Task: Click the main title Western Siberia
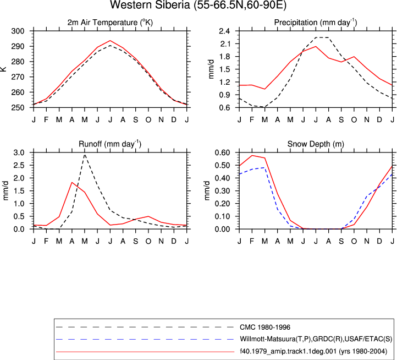pyautogui.click(x=198, y=5)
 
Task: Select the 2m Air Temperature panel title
pyautogui.click(x=110, y=23)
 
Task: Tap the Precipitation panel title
pyautogui.click(x=316, y=23)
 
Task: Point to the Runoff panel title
pyautogui.click(x=110, y=144)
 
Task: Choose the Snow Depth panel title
pyautogui.click(x=316, y=144)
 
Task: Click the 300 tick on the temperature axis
pyautogui.click(x=18, y=31)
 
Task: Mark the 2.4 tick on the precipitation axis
pyautogui.click(x=224, y=31)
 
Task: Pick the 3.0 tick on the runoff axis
pyautogui.click(x=19, y=152)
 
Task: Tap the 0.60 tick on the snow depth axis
pyautogui.click(x=222, y=152)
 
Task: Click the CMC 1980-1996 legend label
pyautogui.click(x=265, y=328)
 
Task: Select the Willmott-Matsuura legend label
pyautogui.click(x=316, y=339)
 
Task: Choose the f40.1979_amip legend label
pyautogui.click(x=313, y=351)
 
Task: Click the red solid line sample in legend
pyautogui.click(x=145, y=352)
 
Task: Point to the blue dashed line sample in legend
pyautogui.click(x=145, y=339)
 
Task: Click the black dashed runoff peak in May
pyautogui.click(x=85, y=154)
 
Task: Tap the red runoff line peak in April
pyautogui.click(x=72, y=182)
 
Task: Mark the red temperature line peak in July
pyautogui.click(x=110, y=41)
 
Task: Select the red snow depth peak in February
pyautogui.click(x=252, y=155)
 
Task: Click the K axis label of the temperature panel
pyautogui.click(x=3, y=69)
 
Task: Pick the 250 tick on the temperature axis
pyautogui.click(x=18, y=107)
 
